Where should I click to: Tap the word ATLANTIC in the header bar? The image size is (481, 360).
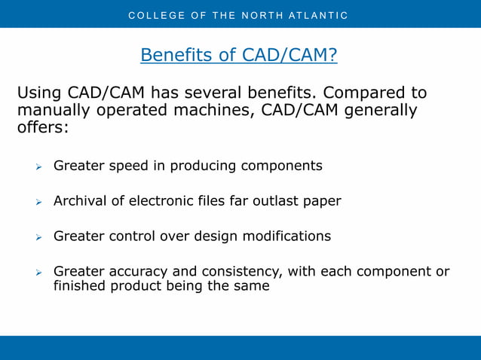click(317, 15)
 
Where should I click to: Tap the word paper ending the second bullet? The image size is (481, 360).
click(322, 201)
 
